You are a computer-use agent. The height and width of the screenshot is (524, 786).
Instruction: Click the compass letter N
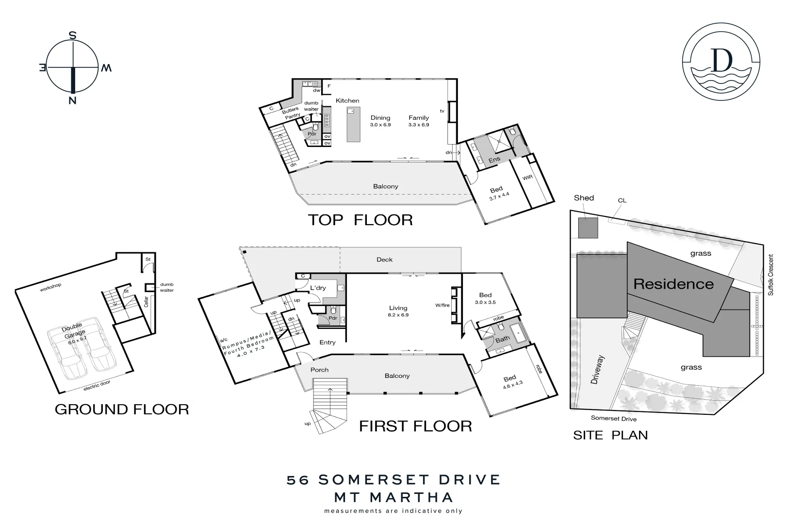[72, 101]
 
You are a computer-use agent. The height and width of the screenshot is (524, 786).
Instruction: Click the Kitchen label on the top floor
[347, 100]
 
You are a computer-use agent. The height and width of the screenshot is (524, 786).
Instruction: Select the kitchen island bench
[353, 125]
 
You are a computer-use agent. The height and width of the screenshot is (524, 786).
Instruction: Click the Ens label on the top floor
[494, 159]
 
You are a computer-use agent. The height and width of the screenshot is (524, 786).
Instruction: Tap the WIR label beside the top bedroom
[527, 177]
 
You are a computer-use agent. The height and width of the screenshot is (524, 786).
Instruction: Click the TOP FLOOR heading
[360, 220]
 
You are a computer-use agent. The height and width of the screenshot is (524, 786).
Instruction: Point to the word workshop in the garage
[50, 287]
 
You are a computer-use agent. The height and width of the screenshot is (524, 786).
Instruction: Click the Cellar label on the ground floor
[146, 302]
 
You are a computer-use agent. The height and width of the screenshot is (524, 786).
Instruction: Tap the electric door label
[97, 386]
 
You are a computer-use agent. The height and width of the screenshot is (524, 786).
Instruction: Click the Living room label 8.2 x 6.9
[398, 311]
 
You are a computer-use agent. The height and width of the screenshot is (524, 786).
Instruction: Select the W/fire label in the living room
[442, 305]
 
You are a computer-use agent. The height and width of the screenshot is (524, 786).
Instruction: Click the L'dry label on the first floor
[318, 288]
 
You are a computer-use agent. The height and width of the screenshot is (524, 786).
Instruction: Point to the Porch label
[319, 370]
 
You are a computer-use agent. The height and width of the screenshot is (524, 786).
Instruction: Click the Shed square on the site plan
[588, 228]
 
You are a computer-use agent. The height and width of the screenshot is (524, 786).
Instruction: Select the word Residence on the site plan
[673, 284]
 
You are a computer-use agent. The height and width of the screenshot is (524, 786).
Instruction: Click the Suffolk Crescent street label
[770, 275]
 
